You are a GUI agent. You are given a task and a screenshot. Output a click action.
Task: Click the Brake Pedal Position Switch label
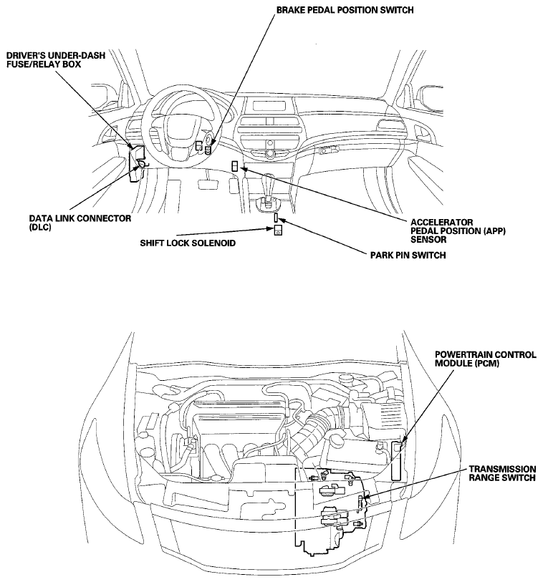click(345, 10)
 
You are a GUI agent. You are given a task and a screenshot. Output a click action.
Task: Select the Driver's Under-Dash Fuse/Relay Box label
click(56, 59)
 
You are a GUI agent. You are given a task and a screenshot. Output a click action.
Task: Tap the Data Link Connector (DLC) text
click(80, 223)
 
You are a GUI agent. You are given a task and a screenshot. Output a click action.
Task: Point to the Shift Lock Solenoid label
click(188, 243)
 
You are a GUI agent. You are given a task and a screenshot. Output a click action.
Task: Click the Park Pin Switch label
click(408, 255)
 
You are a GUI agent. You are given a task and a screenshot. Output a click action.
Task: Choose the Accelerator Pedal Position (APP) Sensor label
click(458, 231)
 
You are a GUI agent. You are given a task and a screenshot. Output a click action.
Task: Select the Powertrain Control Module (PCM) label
click(486, 359)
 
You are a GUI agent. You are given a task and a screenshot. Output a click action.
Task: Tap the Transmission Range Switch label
click(502, 473)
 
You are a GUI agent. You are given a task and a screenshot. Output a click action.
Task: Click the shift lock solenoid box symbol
click(278, 230)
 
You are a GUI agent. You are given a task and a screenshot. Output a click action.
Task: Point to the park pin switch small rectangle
click(277, 218)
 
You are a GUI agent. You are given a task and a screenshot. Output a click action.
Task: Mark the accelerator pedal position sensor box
click(235, 166)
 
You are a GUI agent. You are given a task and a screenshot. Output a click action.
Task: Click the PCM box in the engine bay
click(398, 460)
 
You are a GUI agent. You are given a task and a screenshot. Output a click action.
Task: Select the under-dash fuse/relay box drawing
click(136, 163)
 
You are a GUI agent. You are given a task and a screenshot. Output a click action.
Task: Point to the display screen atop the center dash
click(270, 105)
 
